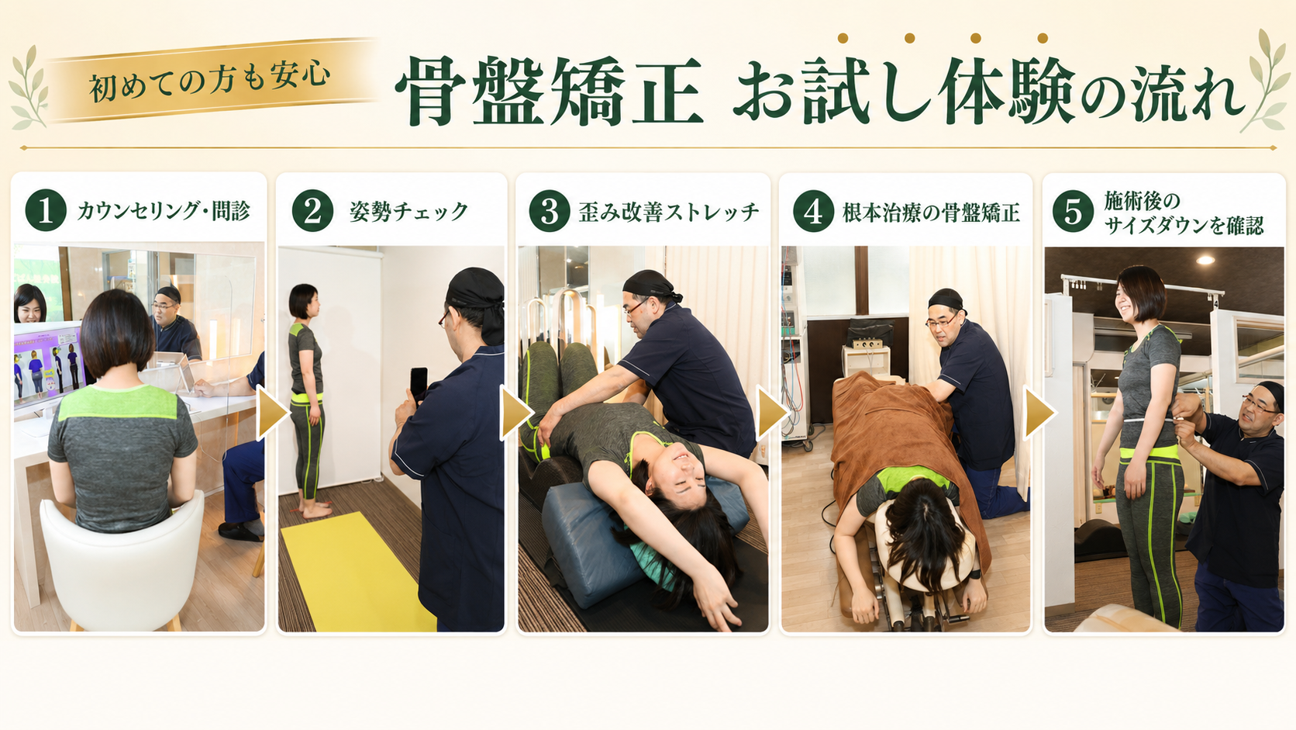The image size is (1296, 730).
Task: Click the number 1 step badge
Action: tap(46, 211)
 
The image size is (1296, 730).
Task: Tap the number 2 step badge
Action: tap(312, 211)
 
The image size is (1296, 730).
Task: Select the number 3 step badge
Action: tap(550, 211)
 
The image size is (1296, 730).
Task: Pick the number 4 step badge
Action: tap(813, 211)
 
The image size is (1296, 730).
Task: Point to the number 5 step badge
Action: tap(1073, 211)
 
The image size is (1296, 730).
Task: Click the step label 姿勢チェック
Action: tap(408, 212)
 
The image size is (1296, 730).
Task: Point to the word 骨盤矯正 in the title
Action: tap(549, 91)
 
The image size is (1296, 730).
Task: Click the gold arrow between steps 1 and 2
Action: tap(272, 413)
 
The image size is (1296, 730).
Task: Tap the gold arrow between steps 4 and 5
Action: tap(1039, 413)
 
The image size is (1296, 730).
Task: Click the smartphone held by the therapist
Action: tap(419, 383)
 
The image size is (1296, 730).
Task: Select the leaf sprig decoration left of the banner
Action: tap(28, 88)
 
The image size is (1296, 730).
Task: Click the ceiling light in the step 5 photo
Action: tap(1206, 260)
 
